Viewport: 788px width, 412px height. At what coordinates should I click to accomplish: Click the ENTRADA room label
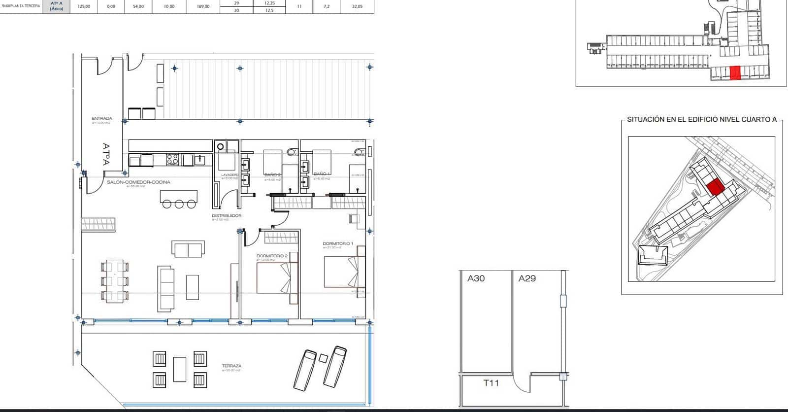tap(102, 119)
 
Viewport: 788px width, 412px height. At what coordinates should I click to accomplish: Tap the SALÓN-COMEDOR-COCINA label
tap(138, 182)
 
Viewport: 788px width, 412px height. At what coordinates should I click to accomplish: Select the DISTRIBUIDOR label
tap(227, 216)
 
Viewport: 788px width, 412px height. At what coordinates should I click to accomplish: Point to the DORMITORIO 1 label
tap(338, 244)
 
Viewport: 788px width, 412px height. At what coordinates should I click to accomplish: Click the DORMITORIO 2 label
tap(271, 256)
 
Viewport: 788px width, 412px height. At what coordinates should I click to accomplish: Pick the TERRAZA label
tap(231, 366)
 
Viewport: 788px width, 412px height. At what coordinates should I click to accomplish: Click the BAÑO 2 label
tap(272, 174)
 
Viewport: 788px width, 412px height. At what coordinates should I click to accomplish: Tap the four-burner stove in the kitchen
tap(172, 160)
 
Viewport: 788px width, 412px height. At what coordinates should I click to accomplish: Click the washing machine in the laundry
tap(221, 146)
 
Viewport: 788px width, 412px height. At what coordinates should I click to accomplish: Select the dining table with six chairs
tap(114, 281)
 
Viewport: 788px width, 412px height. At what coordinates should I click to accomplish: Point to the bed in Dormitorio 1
tap(344, 272)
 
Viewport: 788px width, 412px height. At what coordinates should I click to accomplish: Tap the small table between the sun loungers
tap(323, 358)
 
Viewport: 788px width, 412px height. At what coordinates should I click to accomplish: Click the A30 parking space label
tap(476, 278)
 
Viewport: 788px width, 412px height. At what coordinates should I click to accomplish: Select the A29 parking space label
tap(527, 278)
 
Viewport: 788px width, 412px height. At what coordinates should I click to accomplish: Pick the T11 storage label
tap(491, 383)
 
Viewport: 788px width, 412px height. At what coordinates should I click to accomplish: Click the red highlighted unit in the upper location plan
tap(735, 72)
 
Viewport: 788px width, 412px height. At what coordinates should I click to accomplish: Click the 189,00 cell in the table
tap(203, 6)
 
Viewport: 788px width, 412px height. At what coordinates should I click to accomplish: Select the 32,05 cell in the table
tap(357, 6)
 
